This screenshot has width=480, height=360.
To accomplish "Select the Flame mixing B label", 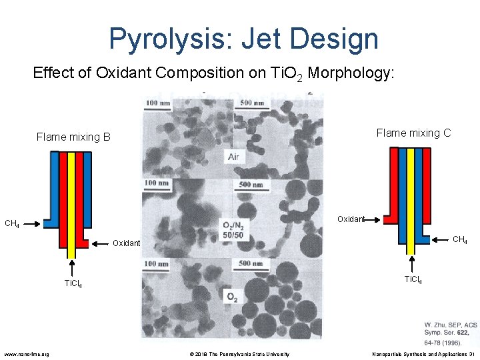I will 73,137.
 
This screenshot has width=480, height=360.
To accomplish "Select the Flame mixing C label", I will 413,133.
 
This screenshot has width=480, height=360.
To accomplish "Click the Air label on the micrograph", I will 233,157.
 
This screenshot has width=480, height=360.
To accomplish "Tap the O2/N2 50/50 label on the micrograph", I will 233,230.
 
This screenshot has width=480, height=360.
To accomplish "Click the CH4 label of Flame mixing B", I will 12,223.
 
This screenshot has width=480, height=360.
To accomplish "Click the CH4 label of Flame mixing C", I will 460,239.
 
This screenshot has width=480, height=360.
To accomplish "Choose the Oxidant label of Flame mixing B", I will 126,243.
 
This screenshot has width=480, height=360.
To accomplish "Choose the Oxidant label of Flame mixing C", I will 351,219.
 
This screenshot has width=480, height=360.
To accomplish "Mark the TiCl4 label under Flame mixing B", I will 73,284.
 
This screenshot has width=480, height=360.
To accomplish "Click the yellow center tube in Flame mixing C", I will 411,200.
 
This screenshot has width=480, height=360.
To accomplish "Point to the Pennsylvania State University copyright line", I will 237,353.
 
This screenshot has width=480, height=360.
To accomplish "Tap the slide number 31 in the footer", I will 471,353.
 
